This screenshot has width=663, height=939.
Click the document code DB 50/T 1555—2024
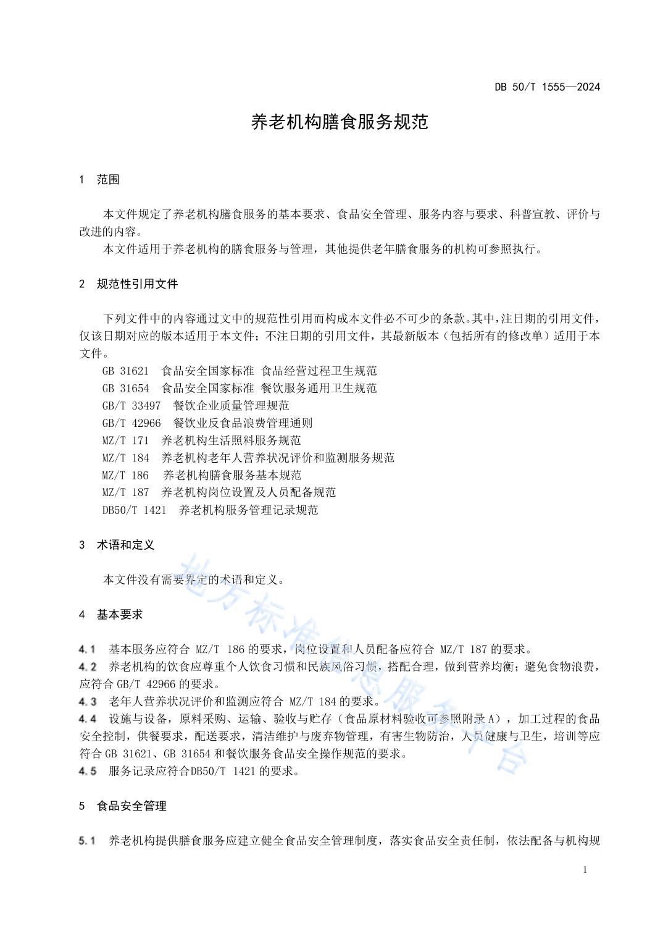(x=547, y=86)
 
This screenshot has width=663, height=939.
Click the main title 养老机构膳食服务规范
(x=340, y=122)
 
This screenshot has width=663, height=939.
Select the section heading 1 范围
(x=99, y=180)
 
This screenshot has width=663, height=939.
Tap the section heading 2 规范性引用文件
(x=128, y=284)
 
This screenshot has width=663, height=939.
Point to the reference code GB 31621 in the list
(x=125, y=371)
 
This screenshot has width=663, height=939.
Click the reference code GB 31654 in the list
(x=125, y=389)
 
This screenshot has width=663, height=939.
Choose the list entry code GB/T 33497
(x=131, y=406)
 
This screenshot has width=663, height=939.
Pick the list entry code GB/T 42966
(x=131, y=423)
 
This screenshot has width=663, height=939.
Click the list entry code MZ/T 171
(x=125, y=440)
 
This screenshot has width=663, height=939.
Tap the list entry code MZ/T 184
(x=125, y=458)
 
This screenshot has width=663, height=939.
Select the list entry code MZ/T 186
(x=125, y=475)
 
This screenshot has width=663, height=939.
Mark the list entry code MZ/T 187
(x=125, y=492)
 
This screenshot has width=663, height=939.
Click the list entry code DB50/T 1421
(x=135, y=510)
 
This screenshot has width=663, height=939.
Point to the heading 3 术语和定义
(x=117, y=545)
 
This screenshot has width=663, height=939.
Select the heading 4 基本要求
(x=111, y=615)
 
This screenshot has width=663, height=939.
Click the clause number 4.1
(x=87, y=649)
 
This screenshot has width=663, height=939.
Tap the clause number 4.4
(x=87, y=719)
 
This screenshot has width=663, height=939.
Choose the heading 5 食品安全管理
(x=123, y=806)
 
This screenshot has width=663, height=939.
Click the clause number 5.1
(x=87, y=841)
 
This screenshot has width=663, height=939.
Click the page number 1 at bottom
(x=585, y=870)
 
